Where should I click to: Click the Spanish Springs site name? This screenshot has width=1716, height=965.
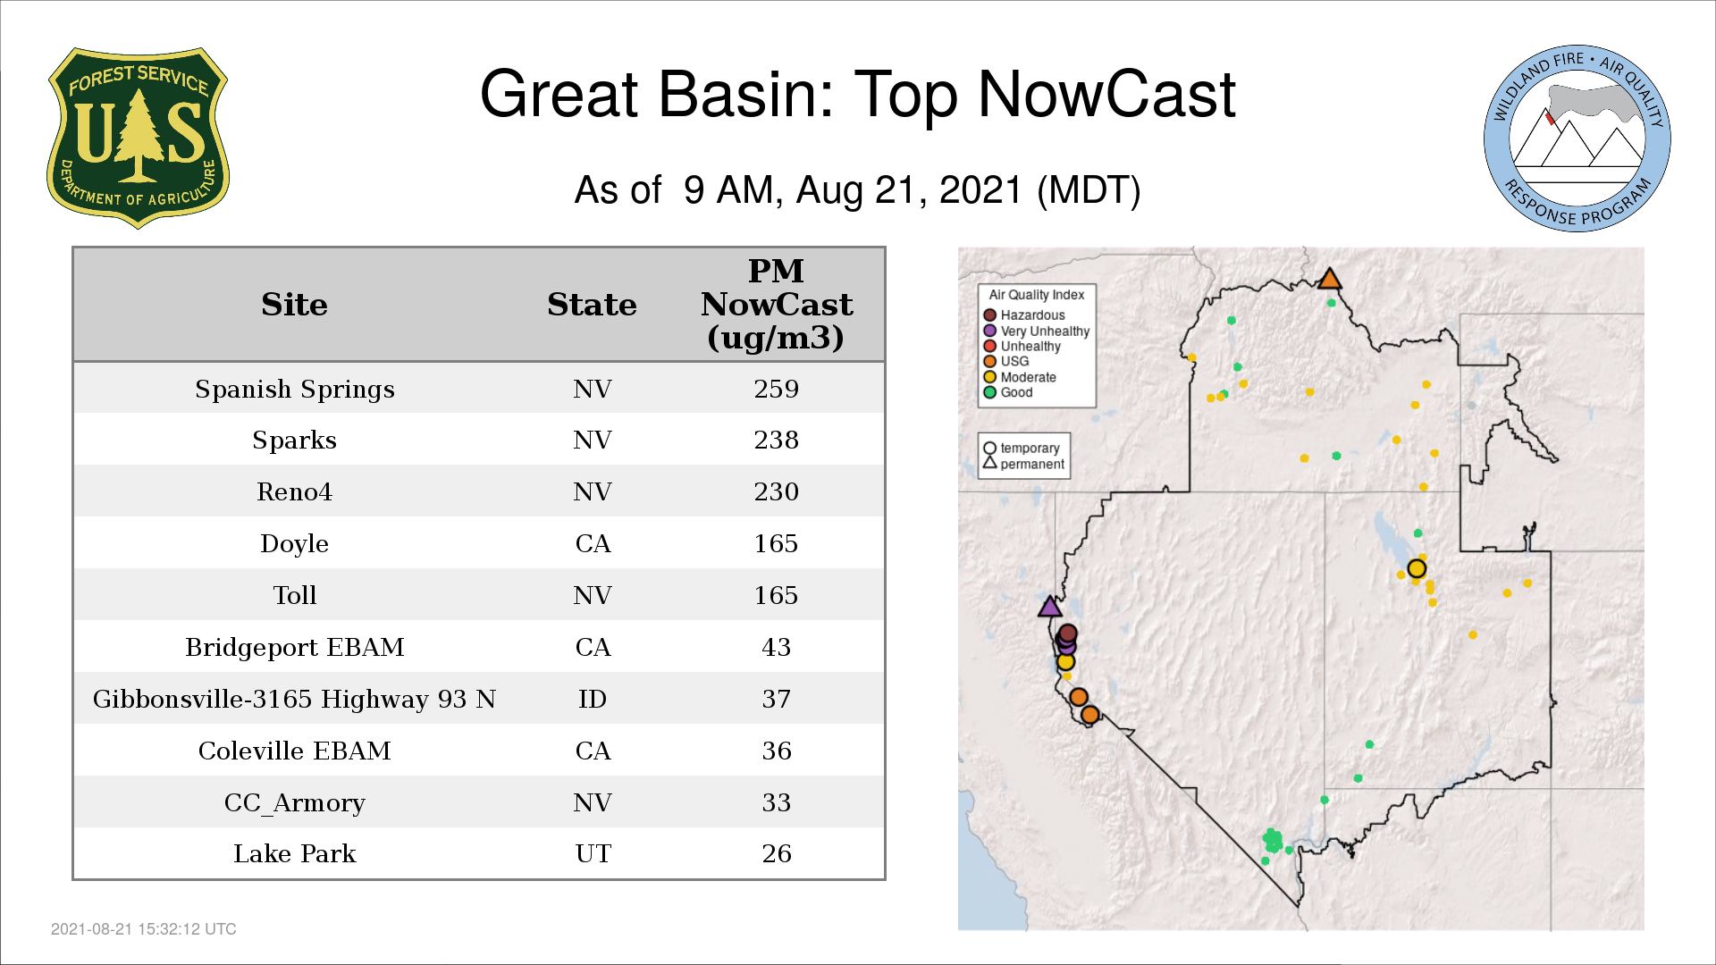295,390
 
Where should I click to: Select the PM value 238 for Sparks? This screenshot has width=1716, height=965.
776,440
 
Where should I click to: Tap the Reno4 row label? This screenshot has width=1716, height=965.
294,491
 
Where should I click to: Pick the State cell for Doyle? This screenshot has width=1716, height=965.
593,543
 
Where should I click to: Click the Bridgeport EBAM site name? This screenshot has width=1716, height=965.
295,647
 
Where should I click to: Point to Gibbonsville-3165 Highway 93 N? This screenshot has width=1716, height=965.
294,699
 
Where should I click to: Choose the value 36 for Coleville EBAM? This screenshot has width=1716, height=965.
776,751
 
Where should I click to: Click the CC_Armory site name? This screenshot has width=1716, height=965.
295,802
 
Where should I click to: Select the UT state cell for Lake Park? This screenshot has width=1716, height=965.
593,853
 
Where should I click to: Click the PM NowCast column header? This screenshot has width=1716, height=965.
776,304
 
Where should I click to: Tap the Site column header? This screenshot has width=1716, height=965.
294,305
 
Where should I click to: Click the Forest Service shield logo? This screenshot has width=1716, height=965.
138,138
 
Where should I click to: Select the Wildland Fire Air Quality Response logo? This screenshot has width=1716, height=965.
1577,138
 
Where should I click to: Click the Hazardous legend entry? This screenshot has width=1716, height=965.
1024,315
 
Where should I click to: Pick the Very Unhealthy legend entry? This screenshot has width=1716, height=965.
1037,331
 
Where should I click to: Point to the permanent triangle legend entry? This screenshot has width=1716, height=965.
1024,464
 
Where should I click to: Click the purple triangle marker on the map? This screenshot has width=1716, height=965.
1050,608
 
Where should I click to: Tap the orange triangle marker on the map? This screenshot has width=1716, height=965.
1330,279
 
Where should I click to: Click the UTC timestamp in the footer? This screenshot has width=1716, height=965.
144,929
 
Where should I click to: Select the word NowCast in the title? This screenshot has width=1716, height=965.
1106,94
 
